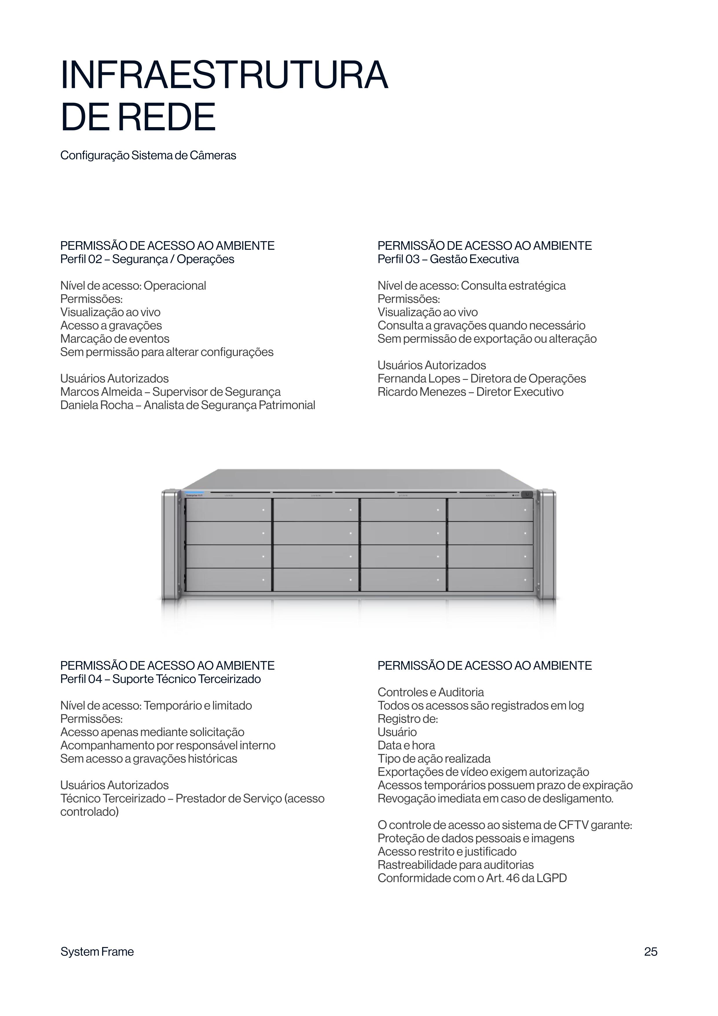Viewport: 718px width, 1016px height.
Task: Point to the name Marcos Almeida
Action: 101,392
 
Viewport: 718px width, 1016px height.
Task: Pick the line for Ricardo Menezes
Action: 470,392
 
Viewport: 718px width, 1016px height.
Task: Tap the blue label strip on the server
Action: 194,492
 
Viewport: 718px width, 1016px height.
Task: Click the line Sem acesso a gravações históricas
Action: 149,759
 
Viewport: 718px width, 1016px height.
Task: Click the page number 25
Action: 650,951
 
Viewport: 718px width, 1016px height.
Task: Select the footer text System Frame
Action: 97,951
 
